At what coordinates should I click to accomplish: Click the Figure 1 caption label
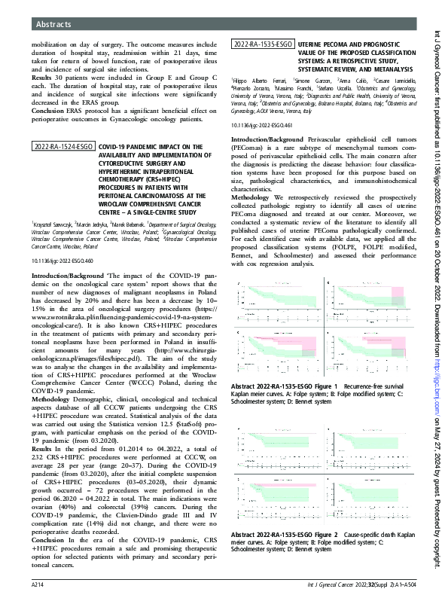(x=283, y=384)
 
